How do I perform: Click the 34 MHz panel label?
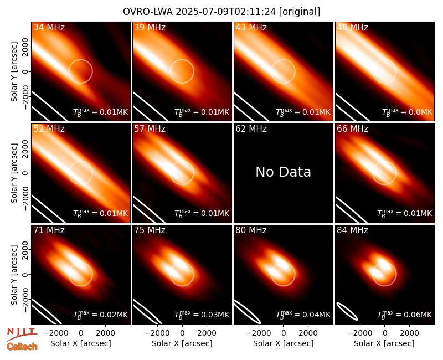click(x=49, y=27)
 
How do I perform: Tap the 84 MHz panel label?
click(x=352, y=230)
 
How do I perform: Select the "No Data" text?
click(x=283, y=172)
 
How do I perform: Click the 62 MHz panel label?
click(x=251, y=129)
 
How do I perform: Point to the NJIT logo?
click(x=22, y=334)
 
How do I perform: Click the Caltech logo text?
click(x=22, y=347)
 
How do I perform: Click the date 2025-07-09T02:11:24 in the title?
click(x=225, y=12)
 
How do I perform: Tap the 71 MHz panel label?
click(x=49, y=230)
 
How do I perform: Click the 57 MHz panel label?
click(x=150, y=129)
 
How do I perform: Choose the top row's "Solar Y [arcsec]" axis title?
click(x=14, y=72)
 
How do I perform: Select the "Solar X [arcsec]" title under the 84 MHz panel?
click(x=384, y=343)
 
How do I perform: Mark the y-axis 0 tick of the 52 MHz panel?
click(x=25, y=173)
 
